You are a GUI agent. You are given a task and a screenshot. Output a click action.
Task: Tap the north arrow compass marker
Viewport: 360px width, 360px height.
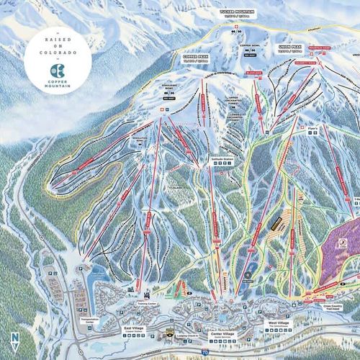pos(15,338)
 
